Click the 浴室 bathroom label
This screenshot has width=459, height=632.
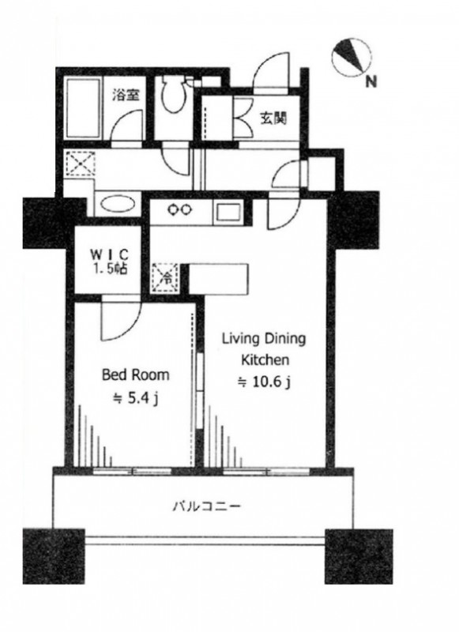126,96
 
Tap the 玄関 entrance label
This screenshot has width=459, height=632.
273,118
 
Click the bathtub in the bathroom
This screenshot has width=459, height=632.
84,107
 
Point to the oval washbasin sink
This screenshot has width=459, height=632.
118,203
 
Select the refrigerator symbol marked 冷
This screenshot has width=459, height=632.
165,277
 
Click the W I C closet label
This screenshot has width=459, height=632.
109,254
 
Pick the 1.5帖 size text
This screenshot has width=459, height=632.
109,269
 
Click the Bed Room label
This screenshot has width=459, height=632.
136,374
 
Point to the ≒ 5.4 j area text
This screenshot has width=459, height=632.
136,399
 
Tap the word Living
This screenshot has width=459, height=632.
241,340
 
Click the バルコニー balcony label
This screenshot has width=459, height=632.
207,506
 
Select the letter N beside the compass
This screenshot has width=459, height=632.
371,82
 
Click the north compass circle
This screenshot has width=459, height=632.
352,58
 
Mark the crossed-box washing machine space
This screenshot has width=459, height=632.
81,164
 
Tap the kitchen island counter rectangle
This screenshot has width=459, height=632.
217,279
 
